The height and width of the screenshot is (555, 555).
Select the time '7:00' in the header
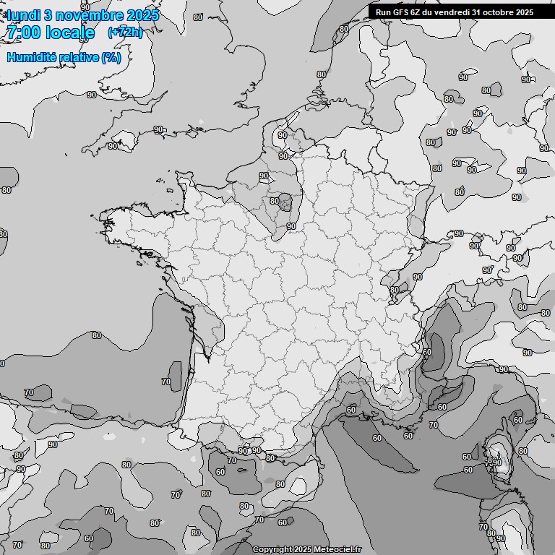coord(22,33)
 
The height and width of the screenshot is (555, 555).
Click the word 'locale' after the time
coord(69,33)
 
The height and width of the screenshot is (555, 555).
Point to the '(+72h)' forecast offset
coord(124,33)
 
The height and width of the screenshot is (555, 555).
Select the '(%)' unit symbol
coord(111,57)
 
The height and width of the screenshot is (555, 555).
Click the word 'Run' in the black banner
coord(383,12)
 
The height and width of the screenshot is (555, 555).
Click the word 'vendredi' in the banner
coord(452,12)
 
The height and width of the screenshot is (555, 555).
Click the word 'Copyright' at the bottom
coord(272,549)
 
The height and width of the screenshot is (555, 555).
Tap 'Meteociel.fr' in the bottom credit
coord(337,549)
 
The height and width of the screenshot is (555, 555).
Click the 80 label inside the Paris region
coord(275,201)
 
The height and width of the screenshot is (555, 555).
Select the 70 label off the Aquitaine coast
coord(166,382)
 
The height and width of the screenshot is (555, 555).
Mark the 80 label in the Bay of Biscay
coord(97,335)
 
